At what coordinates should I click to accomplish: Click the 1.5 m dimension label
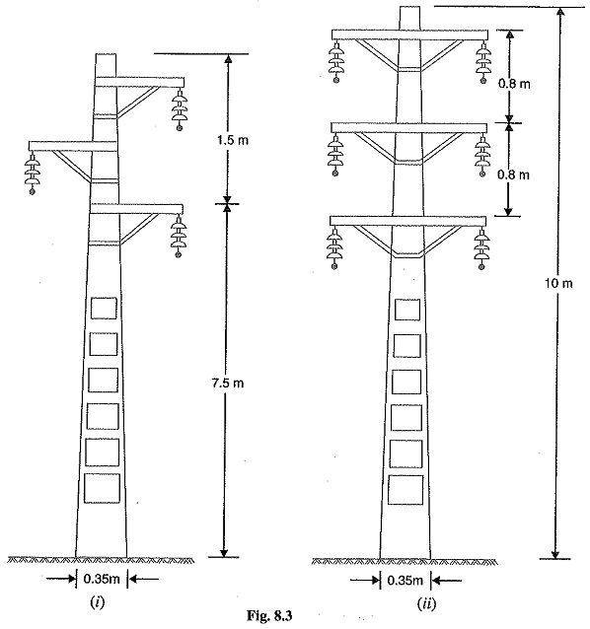pos(233,140)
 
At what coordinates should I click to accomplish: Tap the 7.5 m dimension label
pos(228,384)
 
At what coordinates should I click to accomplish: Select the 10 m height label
pos(558,284)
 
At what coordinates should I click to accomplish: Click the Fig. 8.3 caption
pos(269,616)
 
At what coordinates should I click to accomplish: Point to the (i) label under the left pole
pos(97,601)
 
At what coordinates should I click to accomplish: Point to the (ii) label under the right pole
pos(426,603)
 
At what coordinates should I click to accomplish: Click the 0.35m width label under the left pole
pos(102,579)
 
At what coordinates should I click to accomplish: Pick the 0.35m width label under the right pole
pos(406,580)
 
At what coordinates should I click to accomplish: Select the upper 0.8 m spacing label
pos(514,84)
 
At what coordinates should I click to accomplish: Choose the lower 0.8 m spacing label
pos(513,175)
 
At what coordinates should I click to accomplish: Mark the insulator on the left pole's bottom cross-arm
pos(179,236)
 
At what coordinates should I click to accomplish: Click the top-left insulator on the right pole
pos(335,61)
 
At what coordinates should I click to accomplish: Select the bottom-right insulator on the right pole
pos(481,248)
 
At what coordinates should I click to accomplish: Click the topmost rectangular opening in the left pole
pos(104,308)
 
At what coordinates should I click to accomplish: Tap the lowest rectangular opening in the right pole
pos(406,490)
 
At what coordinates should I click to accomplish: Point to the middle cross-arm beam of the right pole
pos(408,127)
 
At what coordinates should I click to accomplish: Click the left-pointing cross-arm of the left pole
pos(73,146)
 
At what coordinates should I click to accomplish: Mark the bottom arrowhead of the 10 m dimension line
pos(555,554)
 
